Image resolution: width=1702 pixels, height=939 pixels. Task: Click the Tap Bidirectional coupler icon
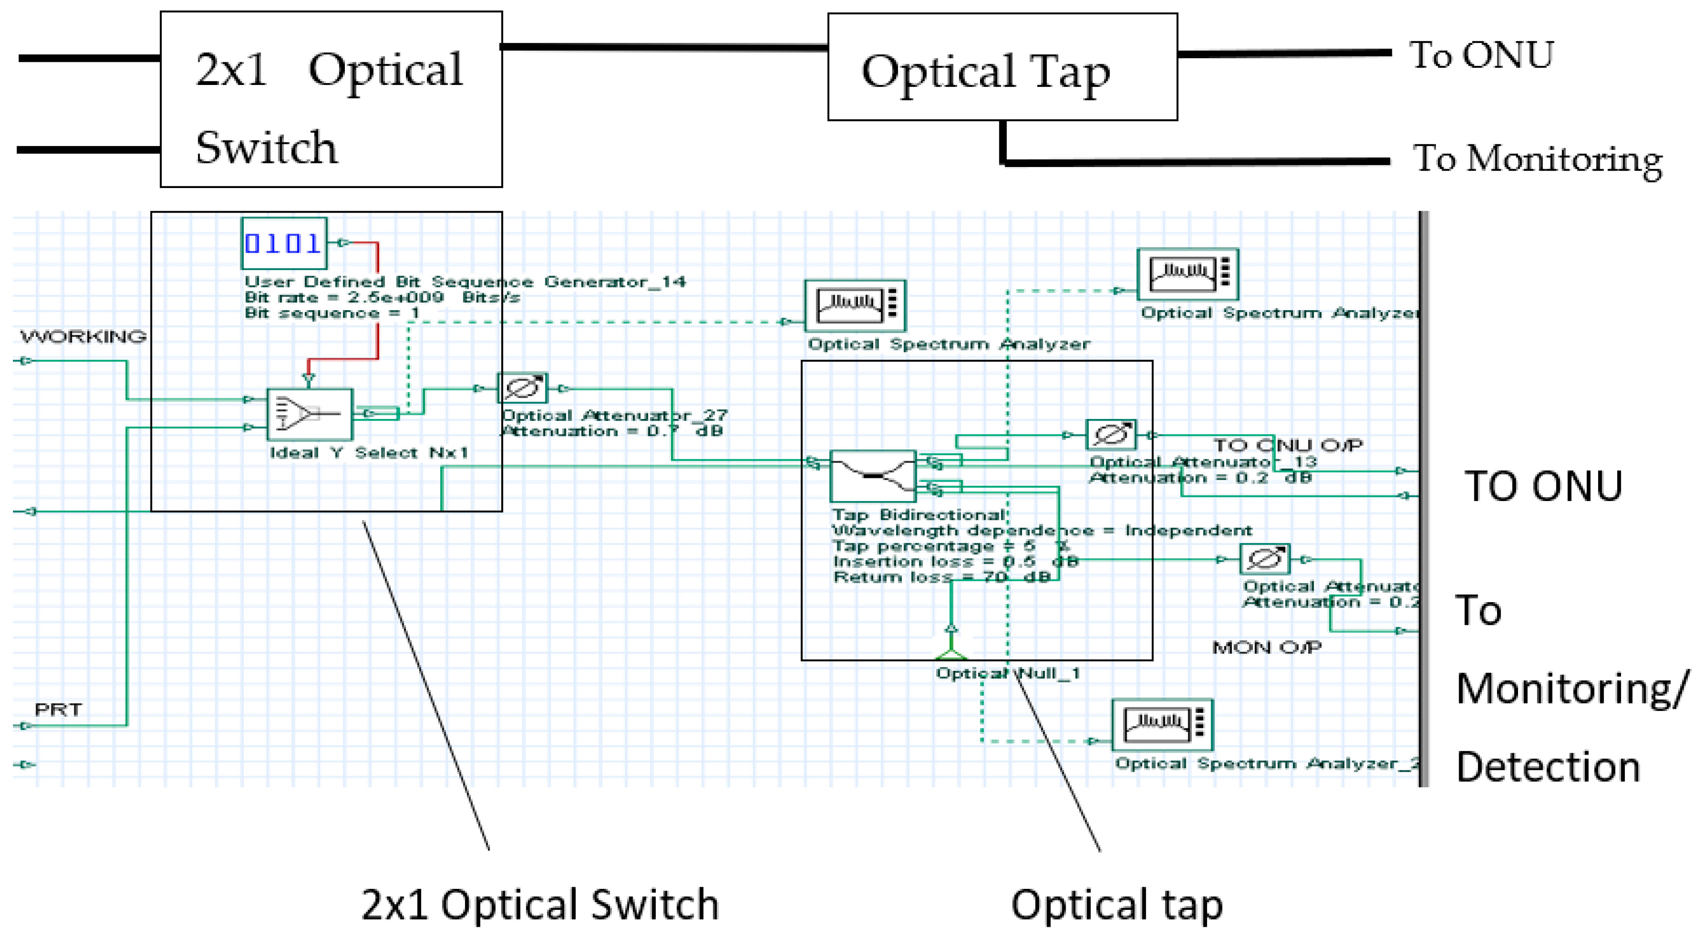point(872,476)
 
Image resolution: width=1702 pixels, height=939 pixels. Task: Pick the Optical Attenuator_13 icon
point(1111,434)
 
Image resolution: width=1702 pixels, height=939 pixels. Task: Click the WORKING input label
point(83,336)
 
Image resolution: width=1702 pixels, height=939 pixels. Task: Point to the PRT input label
point(58,710)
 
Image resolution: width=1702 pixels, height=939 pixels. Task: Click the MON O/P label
point(1267,647)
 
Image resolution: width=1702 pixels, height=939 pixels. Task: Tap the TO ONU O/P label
point(1287,445)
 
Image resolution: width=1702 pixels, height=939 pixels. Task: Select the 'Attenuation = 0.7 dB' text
point(612,431)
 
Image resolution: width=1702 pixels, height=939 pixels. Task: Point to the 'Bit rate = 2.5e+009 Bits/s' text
point(382,297)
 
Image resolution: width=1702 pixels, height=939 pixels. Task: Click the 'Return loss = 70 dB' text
point(942,577)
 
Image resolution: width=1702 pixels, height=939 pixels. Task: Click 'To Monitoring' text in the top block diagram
point(1537,159)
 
